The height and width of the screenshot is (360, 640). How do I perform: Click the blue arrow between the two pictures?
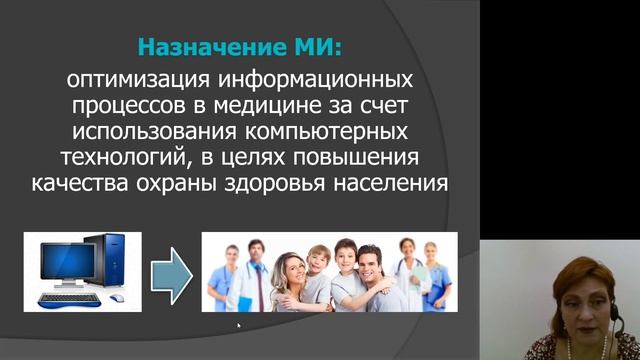171,271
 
